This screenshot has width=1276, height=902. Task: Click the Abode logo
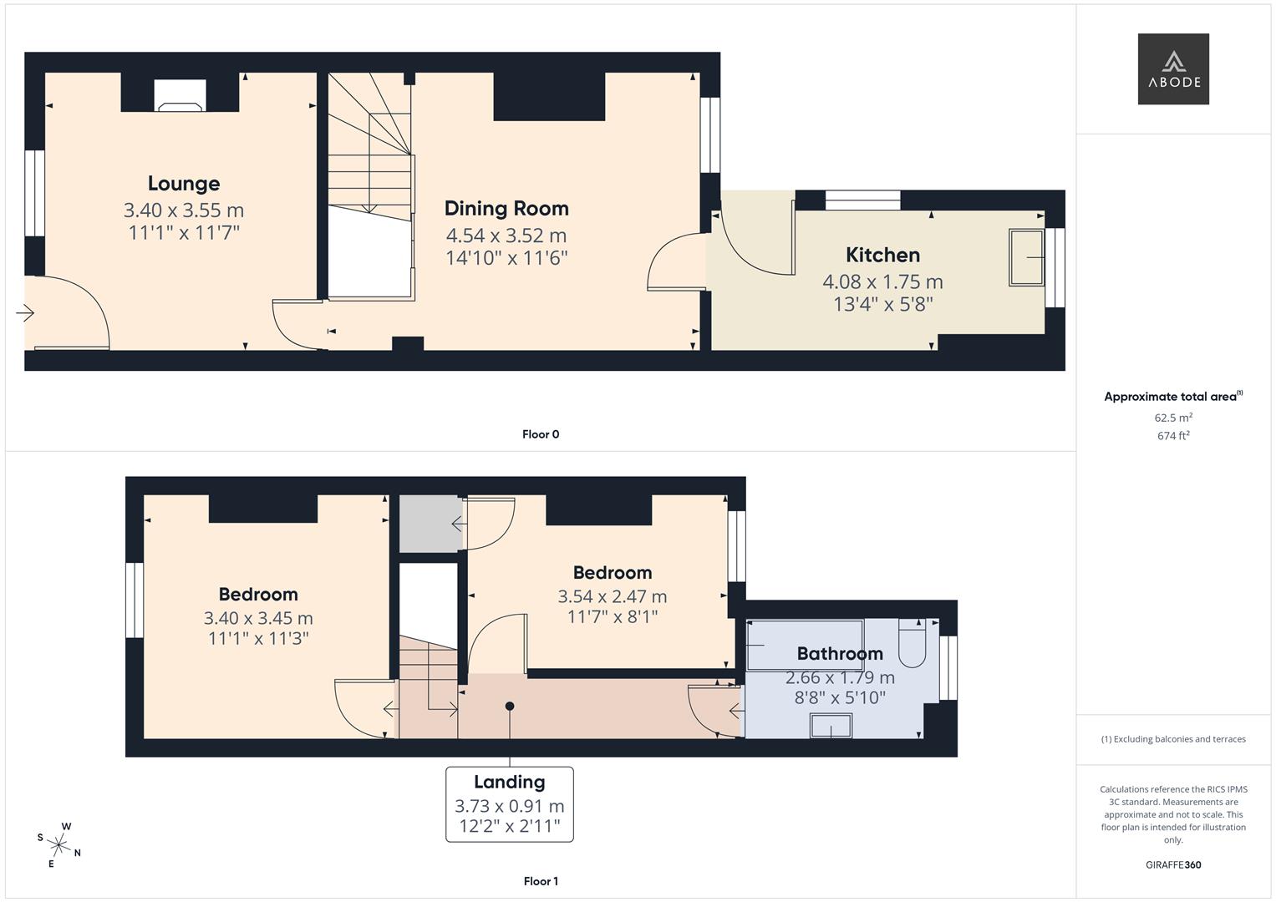[1173, 69]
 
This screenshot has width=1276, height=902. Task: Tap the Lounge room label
[184, 184]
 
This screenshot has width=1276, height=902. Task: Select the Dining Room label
[506, 209]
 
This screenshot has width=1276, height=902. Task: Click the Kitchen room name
[882, 256]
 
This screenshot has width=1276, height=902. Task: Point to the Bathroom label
[839, 654]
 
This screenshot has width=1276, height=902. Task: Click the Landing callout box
[510, 803]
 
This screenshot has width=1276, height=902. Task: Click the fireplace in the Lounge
[180, 96]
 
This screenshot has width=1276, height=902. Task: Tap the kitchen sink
[1026, 257]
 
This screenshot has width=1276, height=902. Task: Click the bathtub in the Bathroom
[804, 644]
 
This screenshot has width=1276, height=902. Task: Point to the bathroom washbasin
[831, 726]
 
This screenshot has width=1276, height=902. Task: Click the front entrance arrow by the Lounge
[25, 313]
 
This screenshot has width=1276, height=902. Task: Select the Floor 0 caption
[541, 434]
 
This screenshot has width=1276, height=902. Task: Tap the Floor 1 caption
[541, 881]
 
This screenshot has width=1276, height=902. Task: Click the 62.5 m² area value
[1173, 418]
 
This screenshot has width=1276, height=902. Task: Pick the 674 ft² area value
[1173, 436]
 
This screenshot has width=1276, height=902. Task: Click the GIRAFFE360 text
[1173, 864]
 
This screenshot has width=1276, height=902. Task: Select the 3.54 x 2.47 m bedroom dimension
[613, 596]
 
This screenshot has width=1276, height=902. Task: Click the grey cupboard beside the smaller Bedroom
[430, 524]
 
